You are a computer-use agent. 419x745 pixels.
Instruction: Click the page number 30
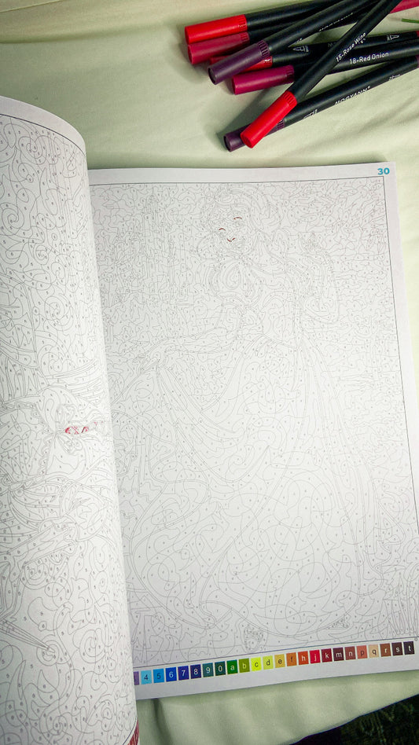click(x=384, y=171)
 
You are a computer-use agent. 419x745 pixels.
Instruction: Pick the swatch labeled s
click(x=397, y=650)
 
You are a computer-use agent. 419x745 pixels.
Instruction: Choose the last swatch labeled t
click(x=409, y=648)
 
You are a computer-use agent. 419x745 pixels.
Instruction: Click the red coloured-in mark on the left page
click(x=76, y=429)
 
